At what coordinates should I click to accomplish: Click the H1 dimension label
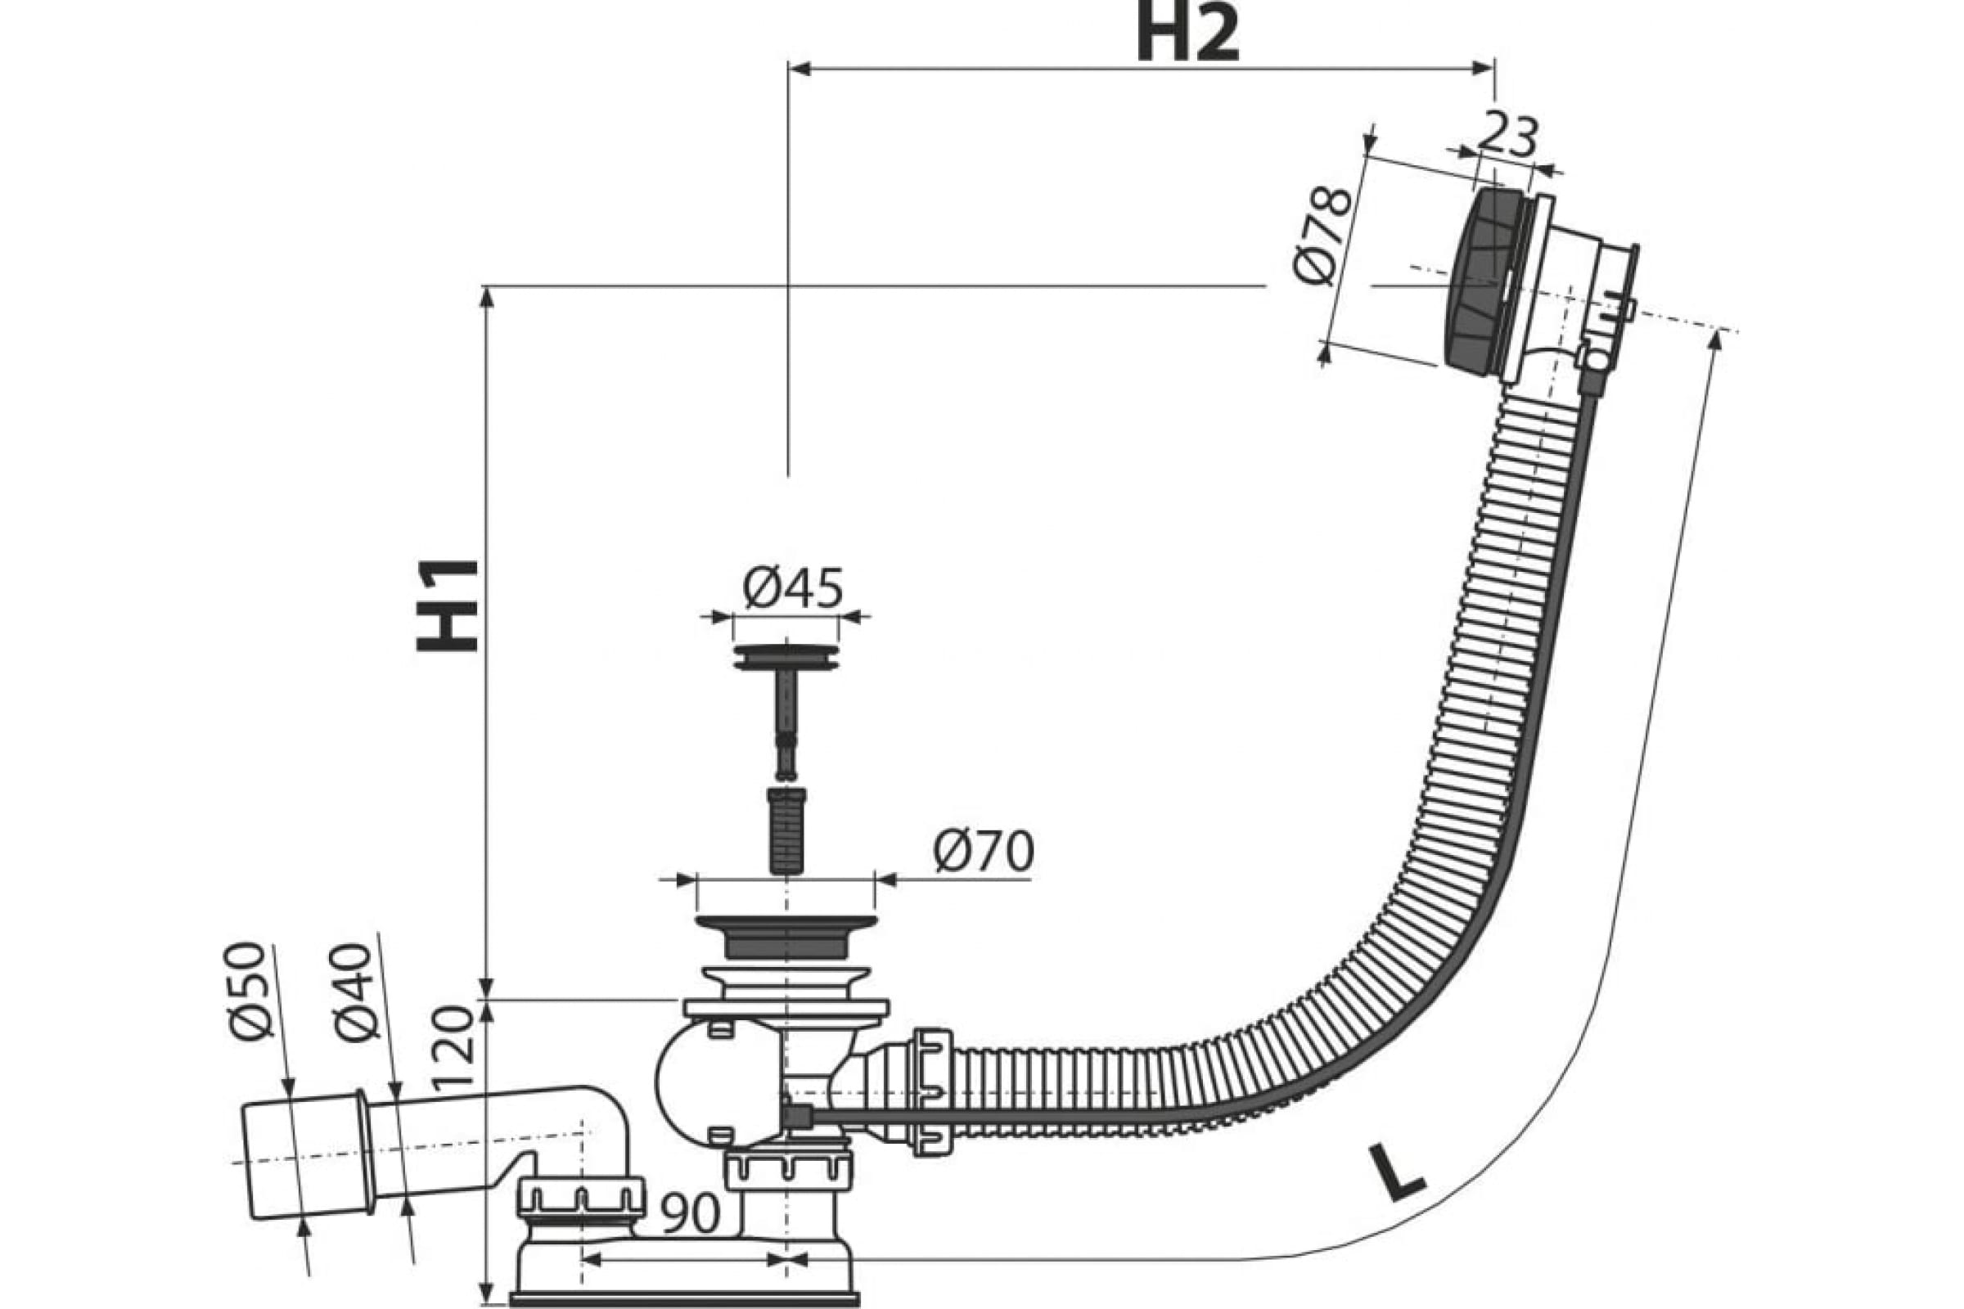(448, 605)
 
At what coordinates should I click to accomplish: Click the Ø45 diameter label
(792, 587)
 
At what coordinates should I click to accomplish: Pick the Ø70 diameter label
(984, 852)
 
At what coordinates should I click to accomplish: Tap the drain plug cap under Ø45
(786, 656)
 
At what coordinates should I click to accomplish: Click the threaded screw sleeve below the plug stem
(786, 830)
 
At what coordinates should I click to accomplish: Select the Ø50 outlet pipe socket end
(304, 1156)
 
